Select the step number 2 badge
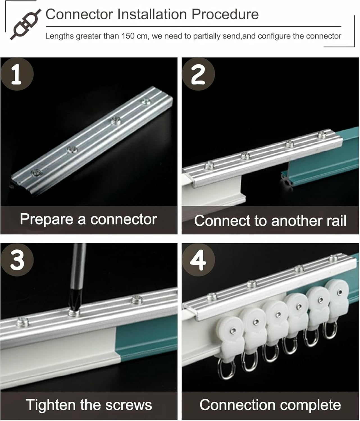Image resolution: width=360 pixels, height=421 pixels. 198,74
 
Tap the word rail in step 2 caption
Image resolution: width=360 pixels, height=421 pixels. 336,221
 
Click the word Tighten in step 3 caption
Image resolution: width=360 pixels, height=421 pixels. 51,405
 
